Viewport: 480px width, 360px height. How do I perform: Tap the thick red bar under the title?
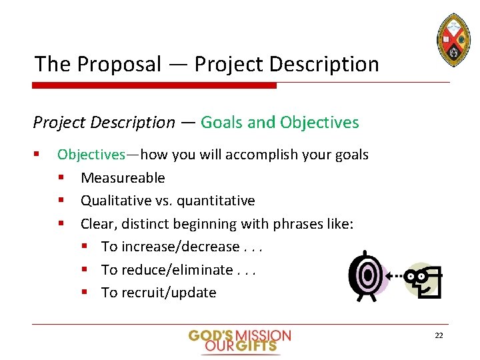click(x=154, y=85)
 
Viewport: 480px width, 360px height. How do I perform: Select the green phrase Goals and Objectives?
click(x=279, y=122)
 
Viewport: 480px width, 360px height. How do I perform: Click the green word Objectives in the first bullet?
click(x=91, y=155)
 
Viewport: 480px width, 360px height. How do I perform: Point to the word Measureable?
click(x=123, y=177)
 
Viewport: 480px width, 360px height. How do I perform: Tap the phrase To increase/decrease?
click(x=170, y=247)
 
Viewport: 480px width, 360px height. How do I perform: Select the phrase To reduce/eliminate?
click(x=167, y=269)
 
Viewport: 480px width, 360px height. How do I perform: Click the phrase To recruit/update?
click(x=159, y=293)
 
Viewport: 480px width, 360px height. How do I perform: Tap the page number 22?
click(x=438, y=335)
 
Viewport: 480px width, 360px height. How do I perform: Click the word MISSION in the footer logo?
click(x=263, y=335)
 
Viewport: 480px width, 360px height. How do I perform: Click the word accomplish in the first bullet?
click(x=259, y=155)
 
